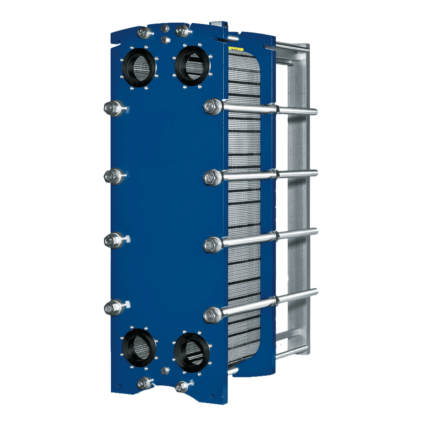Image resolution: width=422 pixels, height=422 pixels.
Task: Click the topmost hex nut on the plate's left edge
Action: pos(112,108)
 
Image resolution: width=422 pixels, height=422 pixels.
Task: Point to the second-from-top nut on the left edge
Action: pos(112,176)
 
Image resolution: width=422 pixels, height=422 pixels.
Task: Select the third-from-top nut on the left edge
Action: pos(112,240)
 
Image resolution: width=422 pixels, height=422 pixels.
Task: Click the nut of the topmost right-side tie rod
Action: pos(213,106)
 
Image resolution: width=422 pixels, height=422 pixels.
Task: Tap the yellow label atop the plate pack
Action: pos(236,49)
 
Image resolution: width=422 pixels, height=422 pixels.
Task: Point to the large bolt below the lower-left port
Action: pos(143,383)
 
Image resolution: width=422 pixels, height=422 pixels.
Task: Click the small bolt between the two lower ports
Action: pos(165,370)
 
